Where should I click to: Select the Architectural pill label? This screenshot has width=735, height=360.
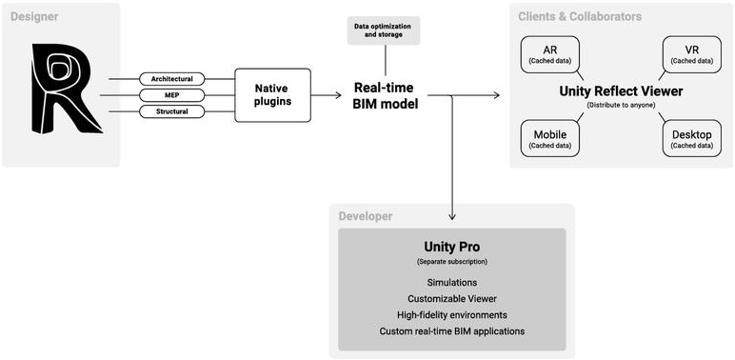point(172,79)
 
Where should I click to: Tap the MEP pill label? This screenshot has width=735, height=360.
point(172,95)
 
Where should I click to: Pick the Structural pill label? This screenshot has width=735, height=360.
point(172,111)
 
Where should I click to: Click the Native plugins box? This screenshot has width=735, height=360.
point(273,95)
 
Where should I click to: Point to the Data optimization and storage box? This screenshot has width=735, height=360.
point(384,30)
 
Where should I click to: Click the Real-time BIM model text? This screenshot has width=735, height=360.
point(386,95)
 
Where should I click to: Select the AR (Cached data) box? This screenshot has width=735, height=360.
point(550,54)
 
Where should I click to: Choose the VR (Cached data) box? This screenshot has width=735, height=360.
point(692,54)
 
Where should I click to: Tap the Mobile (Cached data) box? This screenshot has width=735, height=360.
point(550,139)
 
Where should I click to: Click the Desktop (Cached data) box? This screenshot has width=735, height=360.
point(692,139)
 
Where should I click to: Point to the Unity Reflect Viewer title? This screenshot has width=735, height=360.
point(621,91)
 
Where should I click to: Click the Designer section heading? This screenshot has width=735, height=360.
point(34,17)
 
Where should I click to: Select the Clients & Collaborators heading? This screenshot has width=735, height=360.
point(580,17)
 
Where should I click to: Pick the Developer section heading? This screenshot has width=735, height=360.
point(366,216)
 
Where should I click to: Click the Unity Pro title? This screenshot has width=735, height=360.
point(452,247)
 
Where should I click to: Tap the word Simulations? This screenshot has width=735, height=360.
point(452,283)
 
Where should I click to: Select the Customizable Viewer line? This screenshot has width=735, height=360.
point(452,299)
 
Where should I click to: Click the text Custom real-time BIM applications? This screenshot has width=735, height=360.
point(452,330)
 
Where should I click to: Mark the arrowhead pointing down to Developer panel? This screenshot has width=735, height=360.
point(452,216)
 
